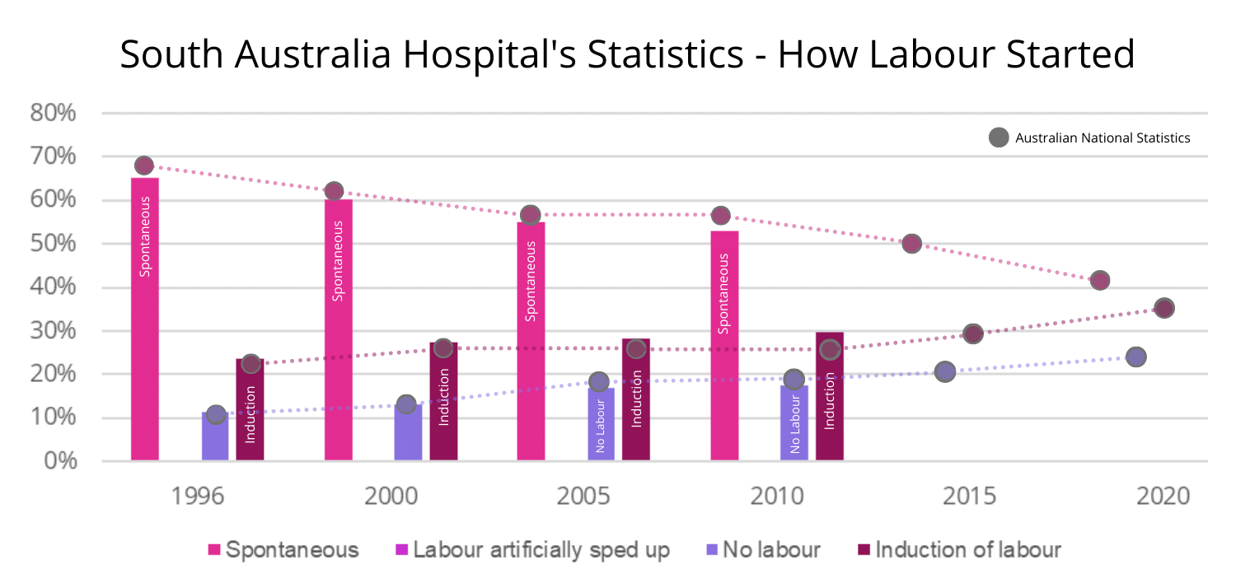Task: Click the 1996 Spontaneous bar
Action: (x=144, y=321)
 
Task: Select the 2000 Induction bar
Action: (x=443, y=403)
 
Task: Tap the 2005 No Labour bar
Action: (x=601, y=424)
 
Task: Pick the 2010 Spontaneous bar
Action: (x=724, y=346)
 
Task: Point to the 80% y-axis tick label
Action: (x=53, y=113)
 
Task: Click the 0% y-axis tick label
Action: (x=58, y=461)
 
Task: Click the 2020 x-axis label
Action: (x=1163, y=497)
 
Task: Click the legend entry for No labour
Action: (x=763, y=550)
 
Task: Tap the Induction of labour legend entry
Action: (x=959, y=550)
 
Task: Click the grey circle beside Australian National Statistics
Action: (x=999, y=138)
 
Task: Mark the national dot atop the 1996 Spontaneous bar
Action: (x=144, y=166)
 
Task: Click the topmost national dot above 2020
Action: (x=1163, y=308)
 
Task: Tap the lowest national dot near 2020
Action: (x=1135, y=357)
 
